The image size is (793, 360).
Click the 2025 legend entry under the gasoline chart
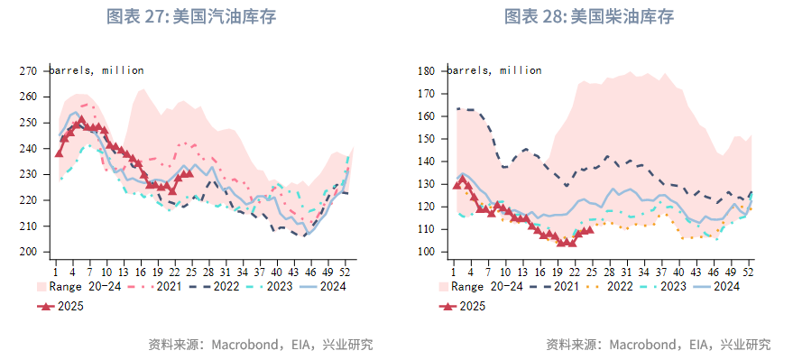click(62, 307)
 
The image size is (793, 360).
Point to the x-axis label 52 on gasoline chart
click(346, 270)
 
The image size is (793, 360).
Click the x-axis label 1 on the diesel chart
click(454, 270)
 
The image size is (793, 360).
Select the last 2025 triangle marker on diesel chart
click(589, 229)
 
